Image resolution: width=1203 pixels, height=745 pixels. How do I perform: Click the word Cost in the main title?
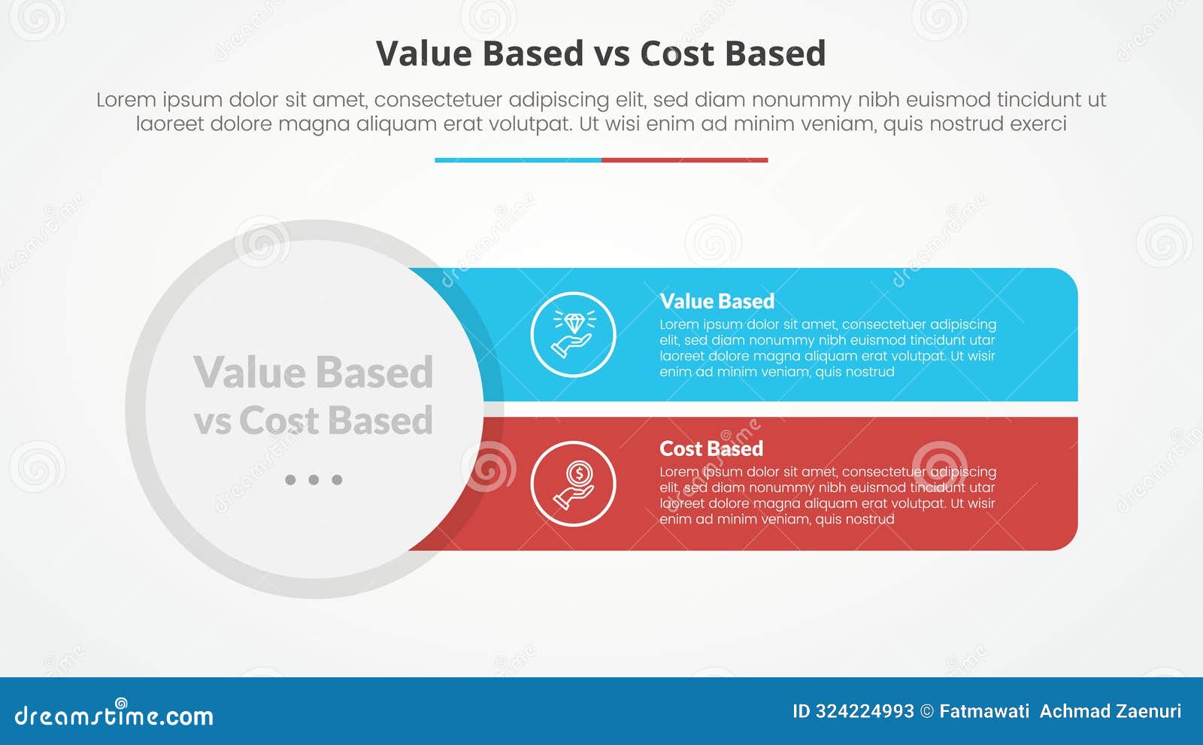677,53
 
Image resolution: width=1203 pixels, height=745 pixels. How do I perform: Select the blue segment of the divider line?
518,160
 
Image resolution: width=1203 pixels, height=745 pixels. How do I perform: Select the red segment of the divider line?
685,160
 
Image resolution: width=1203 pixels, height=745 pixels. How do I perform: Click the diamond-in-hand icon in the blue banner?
573,334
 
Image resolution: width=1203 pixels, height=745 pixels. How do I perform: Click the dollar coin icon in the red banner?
573,484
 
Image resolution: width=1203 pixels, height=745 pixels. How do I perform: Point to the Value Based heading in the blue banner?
717,302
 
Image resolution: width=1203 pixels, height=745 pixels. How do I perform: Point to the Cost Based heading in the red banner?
711,449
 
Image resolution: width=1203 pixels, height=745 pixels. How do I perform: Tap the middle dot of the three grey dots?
314,479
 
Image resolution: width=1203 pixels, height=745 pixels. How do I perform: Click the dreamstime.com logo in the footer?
114,713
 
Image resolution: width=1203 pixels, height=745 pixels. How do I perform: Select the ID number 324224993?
865,712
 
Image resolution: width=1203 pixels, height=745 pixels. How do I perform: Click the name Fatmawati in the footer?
984,712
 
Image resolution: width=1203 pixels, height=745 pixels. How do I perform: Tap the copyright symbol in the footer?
927,712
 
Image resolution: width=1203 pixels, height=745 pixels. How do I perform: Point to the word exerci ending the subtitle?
1038,124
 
